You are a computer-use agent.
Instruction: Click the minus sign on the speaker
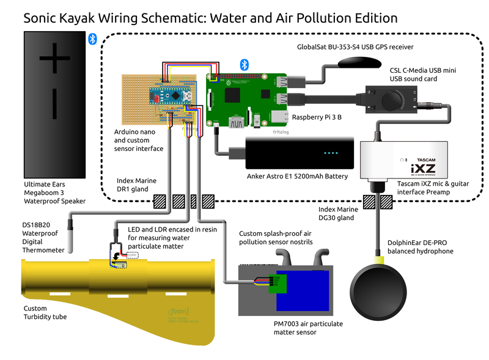(x=54, y=103)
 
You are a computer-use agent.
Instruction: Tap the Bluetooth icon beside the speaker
(x=93, y=39)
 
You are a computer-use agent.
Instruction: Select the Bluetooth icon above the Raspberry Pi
(x=243, y=64)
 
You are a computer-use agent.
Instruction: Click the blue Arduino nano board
(x=172, y=95)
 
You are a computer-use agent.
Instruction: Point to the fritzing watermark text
(x=277, y=131)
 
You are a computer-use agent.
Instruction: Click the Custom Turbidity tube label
(x=45, y=312)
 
